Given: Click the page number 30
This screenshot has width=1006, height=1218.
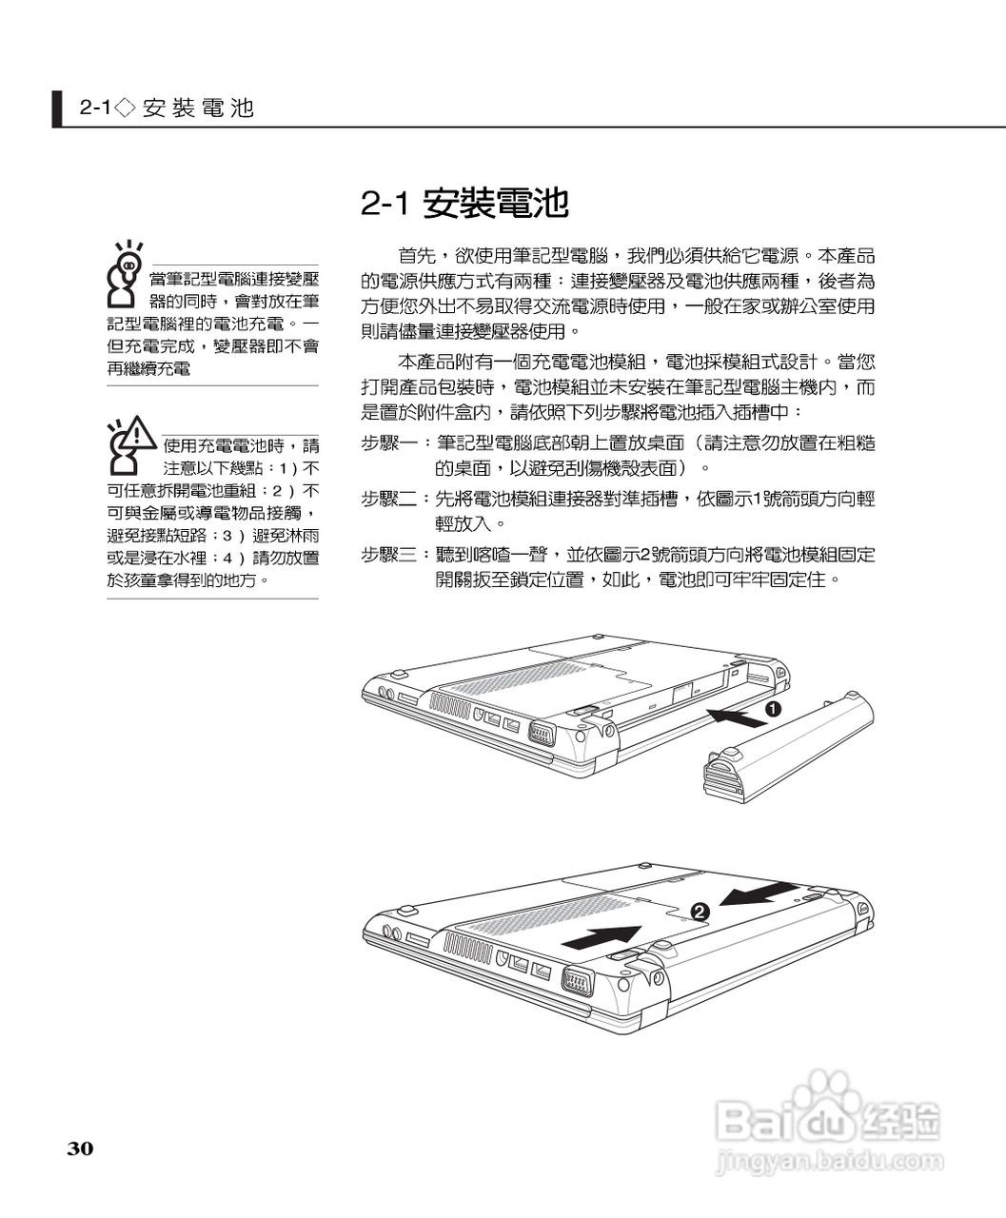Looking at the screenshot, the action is point(80,1149).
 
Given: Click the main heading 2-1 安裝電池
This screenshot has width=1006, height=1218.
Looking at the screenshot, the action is point(464,203).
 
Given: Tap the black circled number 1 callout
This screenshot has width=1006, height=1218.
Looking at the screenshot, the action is point(773,709).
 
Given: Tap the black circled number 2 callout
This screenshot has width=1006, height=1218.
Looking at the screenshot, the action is point(700,912).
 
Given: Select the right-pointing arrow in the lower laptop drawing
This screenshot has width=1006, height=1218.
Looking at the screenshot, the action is point(601,936).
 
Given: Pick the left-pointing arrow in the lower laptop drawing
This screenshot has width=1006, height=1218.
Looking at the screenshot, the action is point(758,894).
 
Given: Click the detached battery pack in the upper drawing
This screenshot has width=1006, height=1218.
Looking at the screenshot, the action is point(786,744).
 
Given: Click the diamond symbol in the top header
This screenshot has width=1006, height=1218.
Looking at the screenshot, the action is point(124,108).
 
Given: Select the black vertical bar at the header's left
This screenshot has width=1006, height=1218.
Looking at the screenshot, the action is point(58,108).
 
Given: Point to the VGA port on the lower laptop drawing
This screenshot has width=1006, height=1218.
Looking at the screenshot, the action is point(578,982).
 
